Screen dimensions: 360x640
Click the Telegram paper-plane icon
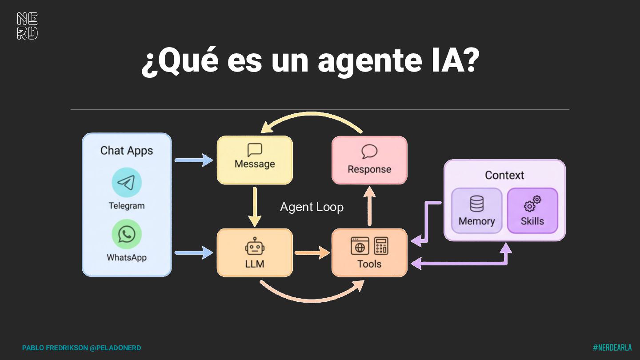point(127,182)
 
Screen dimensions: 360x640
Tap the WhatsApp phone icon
point(127,234)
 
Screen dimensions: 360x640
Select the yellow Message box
point(255,160)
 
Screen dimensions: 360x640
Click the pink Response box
point(369,160)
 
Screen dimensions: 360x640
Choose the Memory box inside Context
point(476,211)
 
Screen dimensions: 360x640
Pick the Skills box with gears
point(532,211)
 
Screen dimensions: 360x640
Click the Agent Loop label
point(312,207)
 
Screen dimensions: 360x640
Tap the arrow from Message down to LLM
point(255,206)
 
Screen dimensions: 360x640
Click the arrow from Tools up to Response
point(369,206)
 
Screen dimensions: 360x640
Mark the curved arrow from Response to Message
point(311,117)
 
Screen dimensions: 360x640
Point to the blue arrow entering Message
point(194,160)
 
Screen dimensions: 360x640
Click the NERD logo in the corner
point(27,26)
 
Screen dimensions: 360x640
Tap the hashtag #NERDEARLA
point(612,348)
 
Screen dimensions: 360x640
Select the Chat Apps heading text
point(127,151)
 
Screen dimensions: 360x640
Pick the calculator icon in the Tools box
point(381,246)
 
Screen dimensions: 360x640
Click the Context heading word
point(504,175)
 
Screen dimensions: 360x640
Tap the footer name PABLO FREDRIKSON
point(55,348)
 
